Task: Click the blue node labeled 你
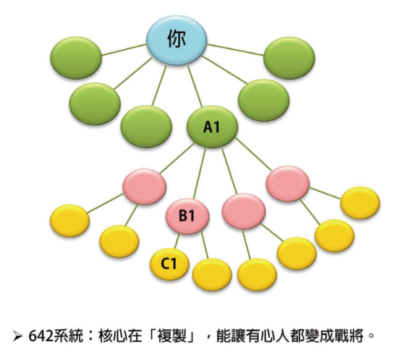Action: (177, 40)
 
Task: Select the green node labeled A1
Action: (212, 127)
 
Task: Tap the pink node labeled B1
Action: (187, 215)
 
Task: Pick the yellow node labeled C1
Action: (169, 264)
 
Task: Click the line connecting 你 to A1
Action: (195, 86)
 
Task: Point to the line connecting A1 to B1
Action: (200, 173)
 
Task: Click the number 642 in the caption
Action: (41, 335)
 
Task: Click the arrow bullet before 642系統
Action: (17, 336)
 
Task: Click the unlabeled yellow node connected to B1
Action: (212, 275)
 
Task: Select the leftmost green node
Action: (76, 58)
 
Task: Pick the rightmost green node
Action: (289, 58)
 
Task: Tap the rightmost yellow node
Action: (360, 202)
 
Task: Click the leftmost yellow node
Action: (69, 220)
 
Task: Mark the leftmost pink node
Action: (145, 187)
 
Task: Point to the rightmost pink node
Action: (288, 184)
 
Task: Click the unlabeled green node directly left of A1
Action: (146, 127)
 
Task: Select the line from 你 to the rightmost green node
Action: (236, 50)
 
